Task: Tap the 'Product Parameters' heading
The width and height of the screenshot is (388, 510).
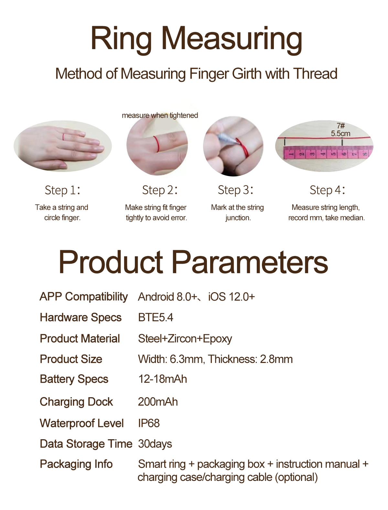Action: click(x=193, y=262)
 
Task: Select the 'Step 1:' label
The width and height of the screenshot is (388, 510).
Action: click(x=62, y=190)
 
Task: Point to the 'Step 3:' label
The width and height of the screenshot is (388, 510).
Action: click(x=235, y=190)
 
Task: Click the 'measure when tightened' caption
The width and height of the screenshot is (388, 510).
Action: click(x=160, y=115)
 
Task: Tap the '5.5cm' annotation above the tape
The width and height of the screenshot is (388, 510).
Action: click(x=340, y=133)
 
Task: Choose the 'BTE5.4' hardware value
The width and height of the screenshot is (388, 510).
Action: click(x=156, y=317)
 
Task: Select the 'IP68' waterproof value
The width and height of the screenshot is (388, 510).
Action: click(x=149, y=423)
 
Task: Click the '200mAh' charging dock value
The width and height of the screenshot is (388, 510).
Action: click(x=158, y=402)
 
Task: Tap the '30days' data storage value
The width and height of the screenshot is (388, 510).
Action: click(x=155, y=444)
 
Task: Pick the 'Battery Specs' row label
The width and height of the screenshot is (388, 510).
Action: click(x=74, y=379)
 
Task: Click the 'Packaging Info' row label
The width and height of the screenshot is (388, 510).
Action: click(x=76, y=464)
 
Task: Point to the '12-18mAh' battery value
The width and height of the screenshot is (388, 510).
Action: click(x=163, y=379)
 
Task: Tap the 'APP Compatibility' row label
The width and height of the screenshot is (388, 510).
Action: click(x=84, y=297)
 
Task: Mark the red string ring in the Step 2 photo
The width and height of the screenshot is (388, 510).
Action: click(x=156, y=144)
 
